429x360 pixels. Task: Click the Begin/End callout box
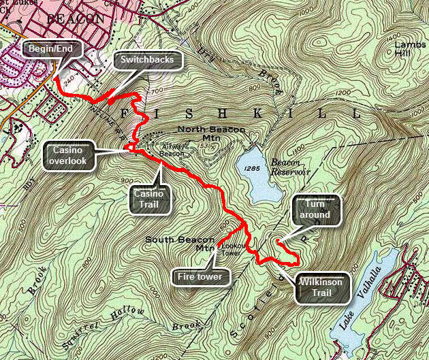52,48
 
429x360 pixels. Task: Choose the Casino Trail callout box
152,198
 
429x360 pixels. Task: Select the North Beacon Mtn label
204,133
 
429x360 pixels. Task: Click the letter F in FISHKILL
123,112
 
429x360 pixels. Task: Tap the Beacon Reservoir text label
291,167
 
